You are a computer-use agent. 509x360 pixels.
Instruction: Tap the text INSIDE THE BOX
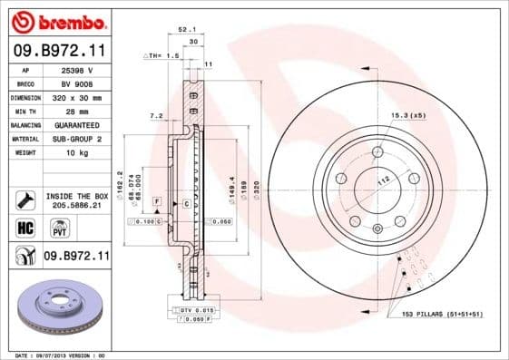pyautogui.click(x=77, y=196)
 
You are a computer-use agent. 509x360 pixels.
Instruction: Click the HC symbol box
pyautogui.click(x=24, y=227)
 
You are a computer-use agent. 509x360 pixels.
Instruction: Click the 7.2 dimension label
pyautogui.click(x=155, y=116)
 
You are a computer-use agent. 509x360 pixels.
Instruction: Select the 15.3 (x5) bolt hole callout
pyautogui.click(x=407, y=116)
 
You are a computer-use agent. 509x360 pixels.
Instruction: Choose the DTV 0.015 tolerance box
pyautogui.click(x=196, y=310)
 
